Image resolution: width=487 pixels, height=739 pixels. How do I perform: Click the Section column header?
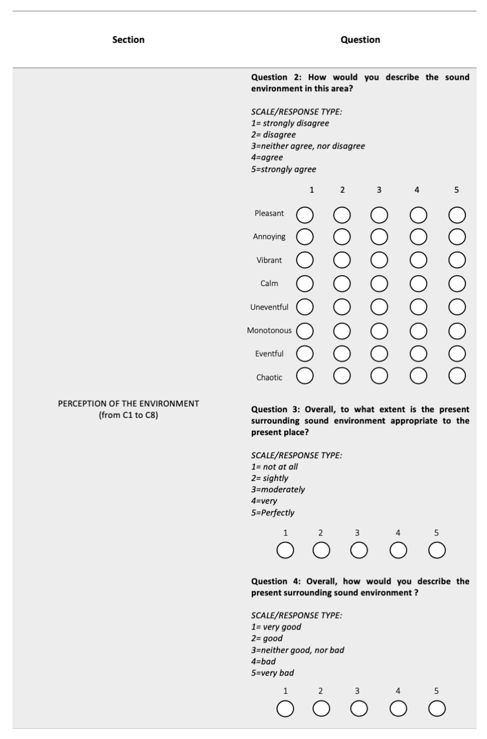(x=128, y=40)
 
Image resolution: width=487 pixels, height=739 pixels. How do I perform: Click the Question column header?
(x=360, y=40)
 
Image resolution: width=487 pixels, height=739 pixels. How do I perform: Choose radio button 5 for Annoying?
(x=457, y=237)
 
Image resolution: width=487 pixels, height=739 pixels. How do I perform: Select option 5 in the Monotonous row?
(x=457, y=331)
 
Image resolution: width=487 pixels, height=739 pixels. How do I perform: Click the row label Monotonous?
(x=269, y=330)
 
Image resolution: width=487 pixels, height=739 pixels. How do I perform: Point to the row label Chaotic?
(x=269, y=378)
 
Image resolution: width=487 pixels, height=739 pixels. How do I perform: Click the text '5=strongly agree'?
(x=284, y=169)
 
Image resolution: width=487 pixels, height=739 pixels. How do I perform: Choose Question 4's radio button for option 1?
(x=285, y=709)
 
